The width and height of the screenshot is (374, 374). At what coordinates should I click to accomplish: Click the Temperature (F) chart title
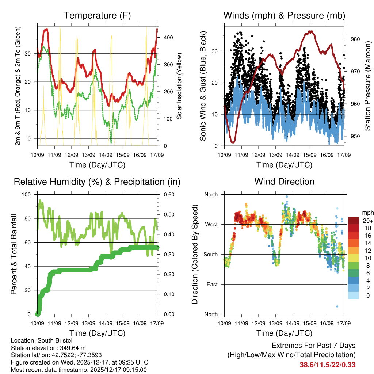[x=97, y=15]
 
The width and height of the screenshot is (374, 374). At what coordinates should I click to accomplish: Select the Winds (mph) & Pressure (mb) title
[x=284, y=15]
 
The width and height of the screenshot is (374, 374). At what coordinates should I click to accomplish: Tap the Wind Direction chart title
[x=284, y=182]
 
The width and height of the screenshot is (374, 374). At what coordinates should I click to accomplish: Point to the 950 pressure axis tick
[x=355, y=136]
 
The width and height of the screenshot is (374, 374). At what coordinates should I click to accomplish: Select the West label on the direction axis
[x=211, y=224]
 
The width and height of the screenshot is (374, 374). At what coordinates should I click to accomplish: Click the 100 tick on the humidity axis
[x=27, y=195]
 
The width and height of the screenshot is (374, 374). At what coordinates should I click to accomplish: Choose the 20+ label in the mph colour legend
[x=368, y=221]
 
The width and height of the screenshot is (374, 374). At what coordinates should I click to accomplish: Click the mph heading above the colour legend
[x=367, y=213]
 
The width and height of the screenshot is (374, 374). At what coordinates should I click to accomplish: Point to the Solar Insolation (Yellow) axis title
[x=179, y=86]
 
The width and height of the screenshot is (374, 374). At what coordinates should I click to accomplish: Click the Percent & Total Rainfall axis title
[x=14, y=254]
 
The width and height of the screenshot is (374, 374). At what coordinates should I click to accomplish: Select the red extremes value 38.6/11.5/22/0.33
[x=328, y=365]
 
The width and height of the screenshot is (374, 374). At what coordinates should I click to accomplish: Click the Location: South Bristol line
[x=42, y=341]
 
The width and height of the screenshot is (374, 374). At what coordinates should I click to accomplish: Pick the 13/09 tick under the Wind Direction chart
[x=276, y=324]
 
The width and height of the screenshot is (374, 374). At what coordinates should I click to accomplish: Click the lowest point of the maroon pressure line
[x=233, y=142]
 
